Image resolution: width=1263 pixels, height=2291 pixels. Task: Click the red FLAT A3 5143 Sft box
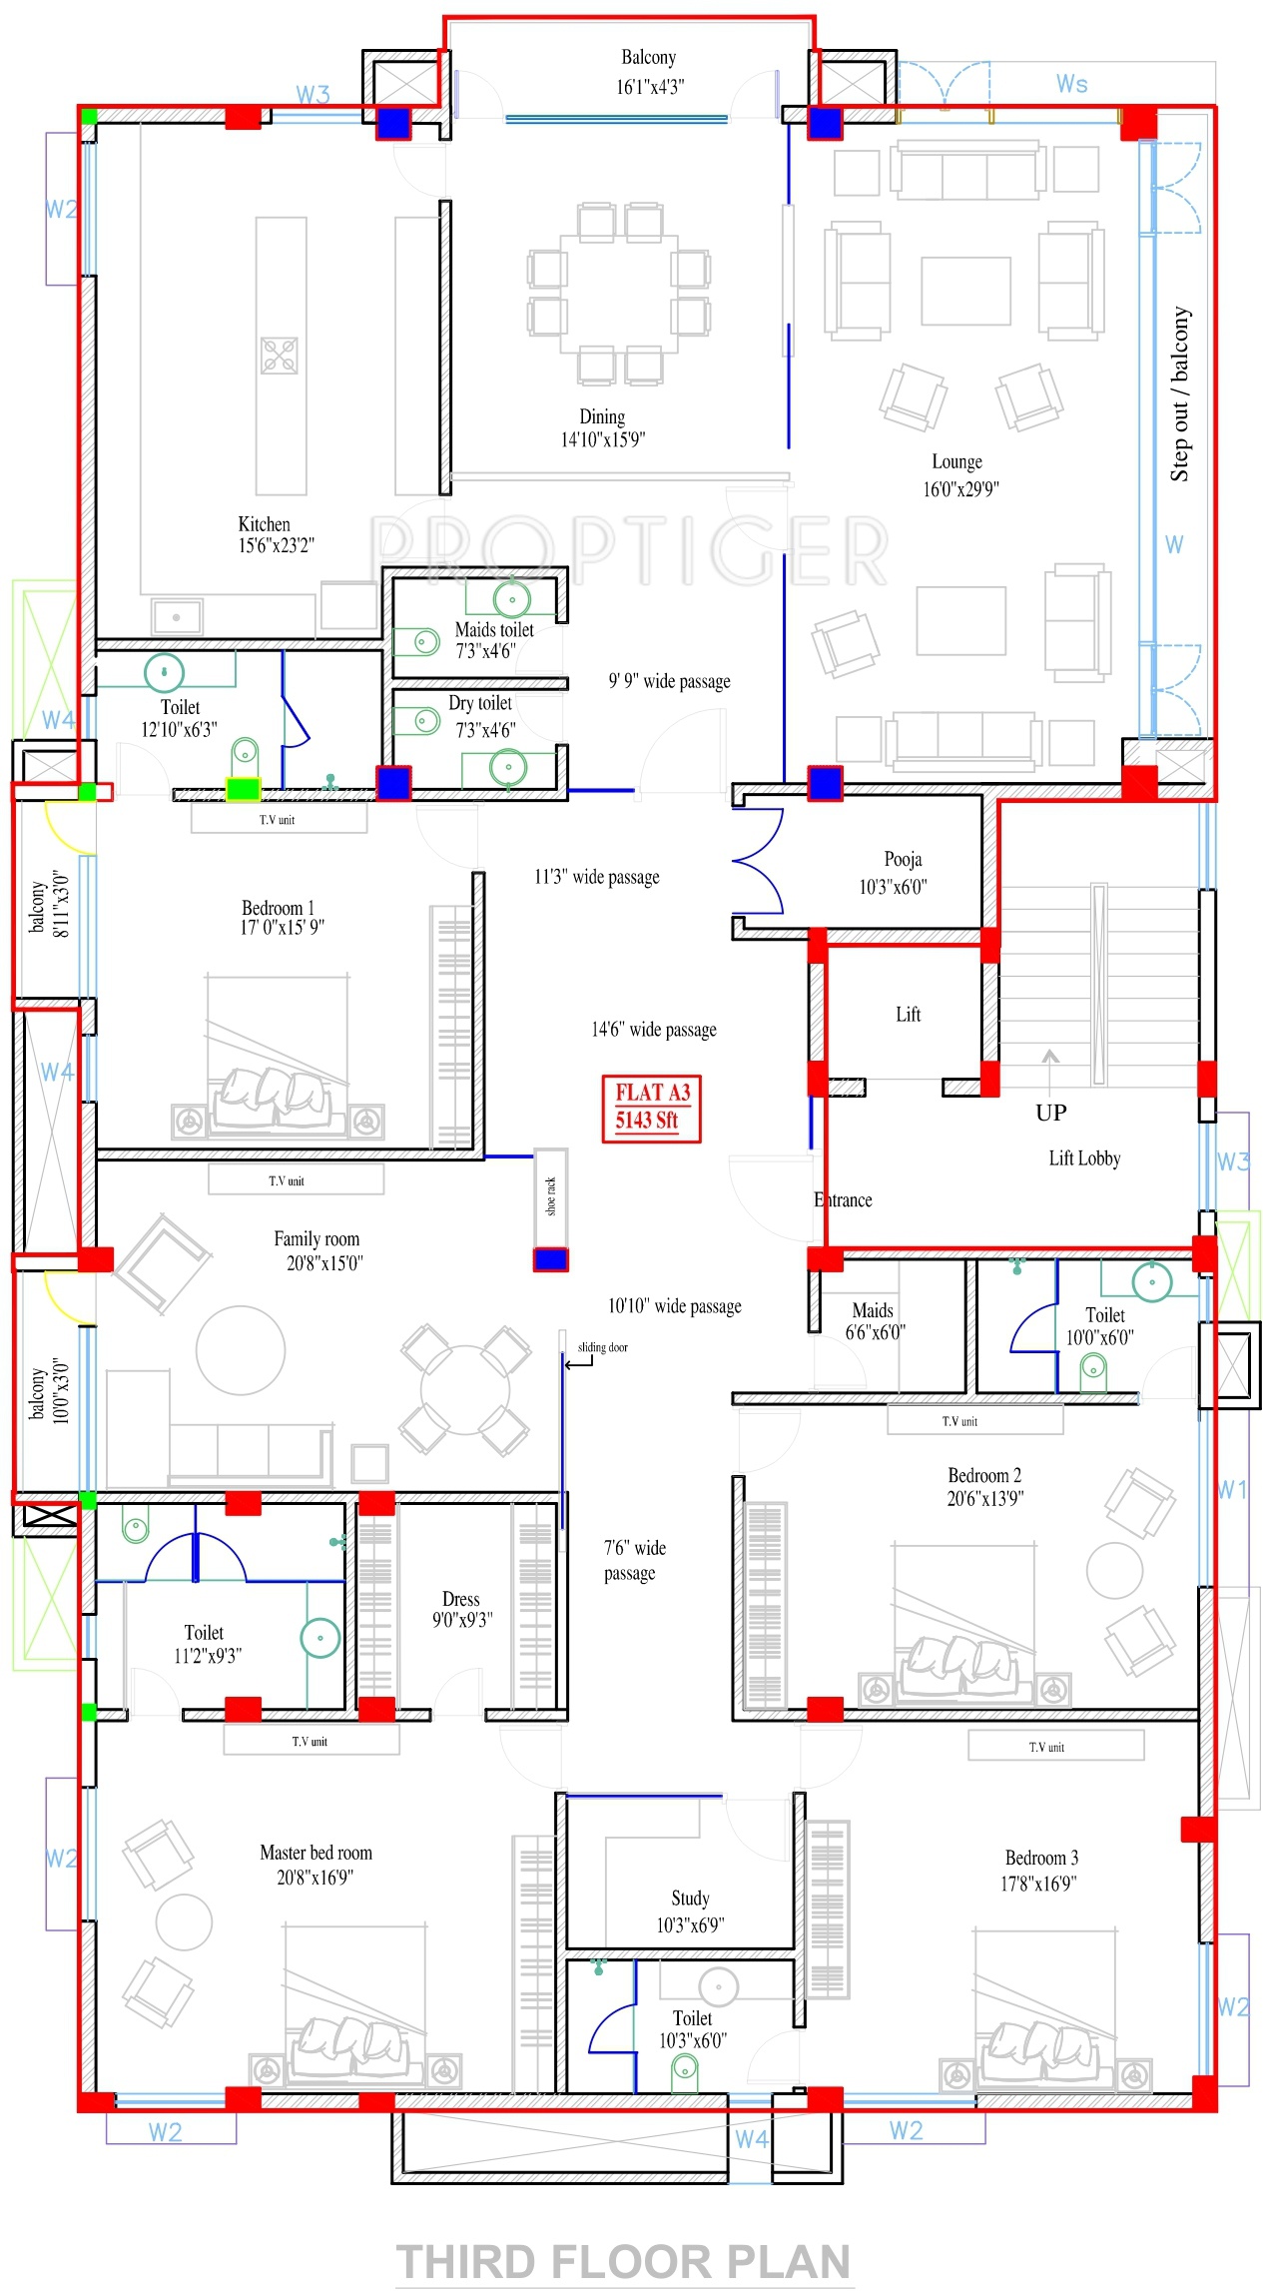click(651, 1108)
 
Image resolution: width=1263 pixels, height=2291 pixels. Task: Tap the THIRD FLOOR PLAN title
click(624, 2261)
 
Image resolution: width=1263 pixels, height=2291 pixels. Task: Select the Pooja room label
click(903, 859)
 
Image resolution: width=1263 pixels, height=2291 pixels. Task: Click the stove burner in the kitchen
click(280, 356)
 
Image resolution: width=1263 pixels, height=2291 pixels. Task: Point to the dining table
click(619, 293)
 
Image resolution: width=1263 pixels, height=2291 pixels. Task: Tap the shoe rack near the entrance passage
click(551, 1198)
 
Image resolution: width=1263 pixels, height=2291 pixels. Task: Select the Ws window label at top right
click(1072, 84)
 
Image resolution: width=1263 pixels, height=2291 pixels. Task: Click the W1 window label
click(1233, 1490)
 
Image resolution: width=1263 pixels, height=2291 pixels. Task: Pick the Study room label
click(690, 1898)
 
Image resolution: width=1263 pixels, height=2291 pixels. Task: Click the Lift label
click(909, 1015)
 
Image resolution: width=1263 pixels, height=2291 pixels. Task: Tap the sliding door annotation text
click(602, 1347)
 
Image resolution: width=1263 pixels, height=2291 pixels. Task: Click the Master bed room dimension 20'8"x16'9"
click(316, 1878)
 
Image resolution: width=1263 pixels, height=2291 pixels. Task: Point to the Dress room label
click(461, 1599)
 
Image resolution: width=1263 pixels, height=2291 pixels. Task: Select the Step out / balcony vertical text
click(1180, 394)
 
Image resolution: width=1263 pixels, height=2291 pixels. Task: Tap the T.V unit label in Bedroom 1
click(278, 820)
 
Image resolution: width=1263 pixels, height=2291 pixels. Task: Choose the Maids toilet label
click(494, 629)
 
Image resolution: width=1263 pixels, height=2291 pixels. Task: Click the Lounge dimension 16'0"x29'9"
click(960, 488)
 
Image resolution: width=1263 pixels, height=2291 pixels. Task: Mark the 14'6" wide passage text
click(654, 1030)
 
